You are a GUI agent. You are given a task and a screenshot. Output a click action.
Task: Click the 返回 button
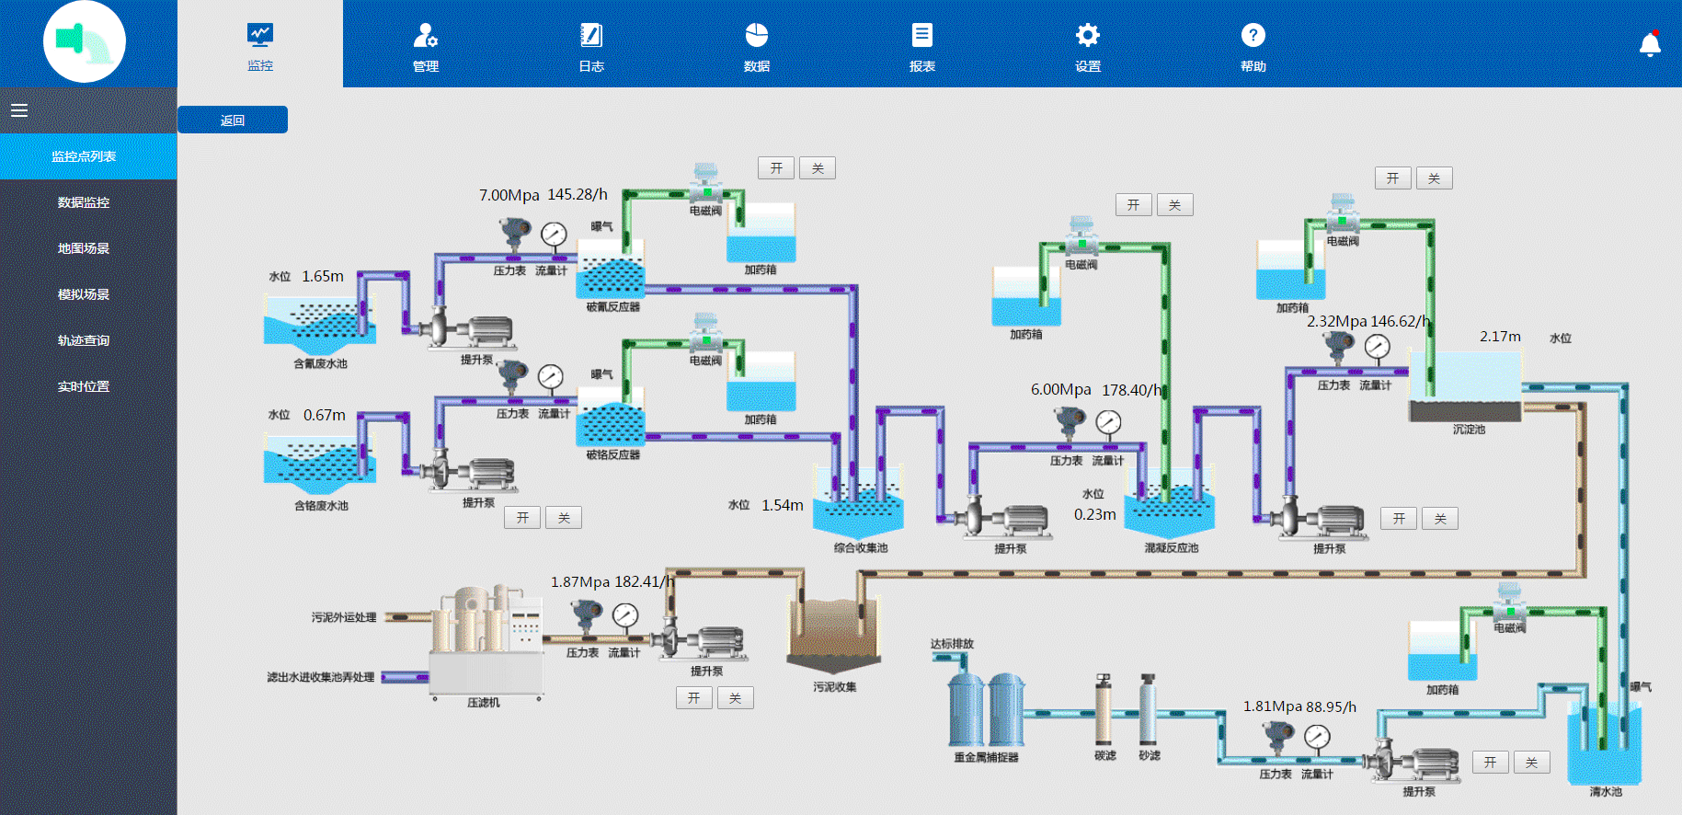click(232, 121)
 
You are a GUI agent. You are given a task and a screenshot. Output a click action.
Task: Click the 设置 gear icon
click(1087, 36)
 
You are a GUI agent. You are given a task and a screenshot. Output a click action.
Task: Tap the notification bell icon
click(1650, 44)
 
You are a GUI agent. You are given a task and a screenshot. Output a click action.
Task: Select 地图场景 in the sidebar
click(84, 248)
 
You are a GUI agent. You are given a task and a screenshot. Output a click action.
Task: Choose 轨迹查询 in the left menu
click(84, 340)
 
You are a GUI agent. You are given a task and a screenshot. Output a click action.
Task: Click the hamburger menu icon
click(19, 110)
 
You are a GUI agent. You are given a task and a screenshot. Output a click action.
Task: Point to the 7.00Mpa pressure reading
click(509, 195)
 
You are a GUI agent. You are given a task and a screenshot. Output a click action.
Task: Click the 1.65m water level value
click(323, 276)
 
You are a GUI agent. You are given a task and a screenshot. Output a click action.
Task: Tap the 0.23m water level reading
click(1094, 514)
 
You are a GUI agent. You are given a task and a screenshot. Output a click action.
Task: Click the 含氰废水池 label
click(320, 363)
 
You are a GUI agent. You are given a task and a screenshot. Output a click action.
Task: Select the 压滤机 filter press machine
click(486, 644)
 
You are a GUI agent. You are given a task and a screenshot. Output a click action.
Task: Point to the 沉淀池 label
click(1469, 430)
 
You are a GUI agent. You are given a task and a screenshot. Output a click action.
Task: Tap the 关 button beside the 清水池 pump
click(1531, 763)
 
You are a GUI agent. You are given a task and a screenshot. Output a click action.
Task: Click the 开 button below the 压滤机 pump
click(693, 698)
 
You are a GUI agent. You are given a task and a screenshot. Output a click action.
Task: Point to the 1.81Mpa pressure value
click(1272, 706)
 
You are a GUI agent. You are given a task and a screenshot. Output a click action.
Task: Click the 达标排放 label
click(951, 644)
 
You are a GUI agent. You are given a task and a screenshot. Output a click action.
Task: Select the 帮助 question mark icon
click(1253, 36)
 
